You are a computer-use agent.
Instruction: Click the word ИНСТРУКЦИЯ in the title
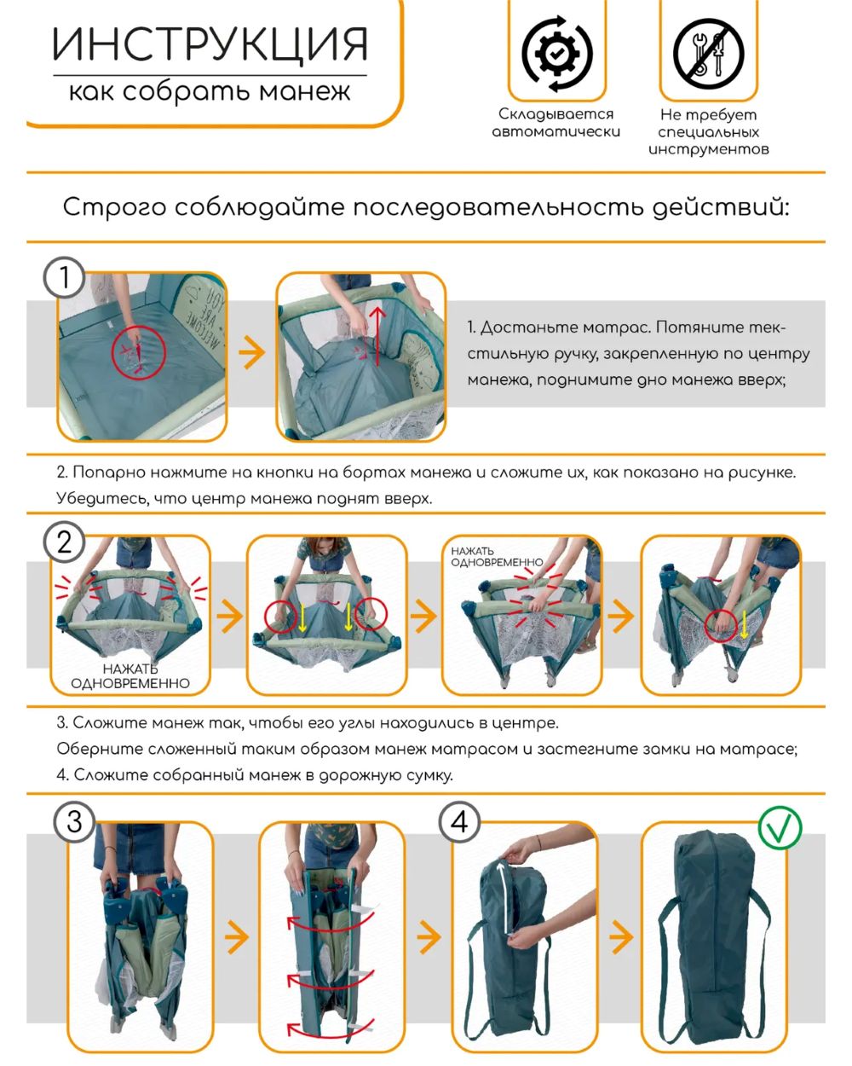click(210, 44)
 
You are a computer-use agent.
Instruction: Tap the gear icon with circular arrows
click(557, 54)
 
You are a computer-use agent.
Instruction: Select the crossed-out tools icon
click(708, 54)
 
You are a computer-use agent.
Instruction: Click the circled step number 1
click(65, 277)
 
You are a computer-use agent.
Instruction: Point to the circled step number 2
click(65, 542)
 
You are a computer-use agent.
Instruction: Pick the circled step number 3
click(74, 822)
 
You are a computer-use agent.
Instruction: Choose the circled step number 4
click(459, 822)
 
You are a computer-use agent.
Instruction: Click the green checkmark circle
click(780, 828)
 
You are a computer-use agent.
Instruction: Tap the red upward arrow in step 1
click(377, 337)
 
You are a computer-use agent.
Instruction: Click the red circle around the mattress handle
click(138, 353)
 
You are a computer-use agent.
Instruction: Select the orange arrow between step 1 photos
click(252, 353)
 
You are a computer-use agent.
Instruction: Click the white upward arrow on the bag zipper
click(505, 898)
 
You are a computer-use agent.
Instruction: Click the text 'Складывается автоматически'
click(556, 123)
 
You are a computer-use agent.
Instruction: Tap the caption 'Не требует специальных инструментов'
click(708, 132)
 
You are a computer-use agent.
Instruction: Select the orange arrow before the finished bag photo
click(621, 936)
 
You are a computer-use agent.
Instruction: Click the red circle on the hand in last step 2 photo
click(722, 627)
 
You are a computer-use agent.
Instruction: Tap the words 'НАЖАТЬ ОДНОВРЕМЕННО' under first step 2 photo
click(130, 676)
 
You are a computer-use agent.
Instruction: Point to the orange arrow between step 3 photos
click(237, 936)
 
